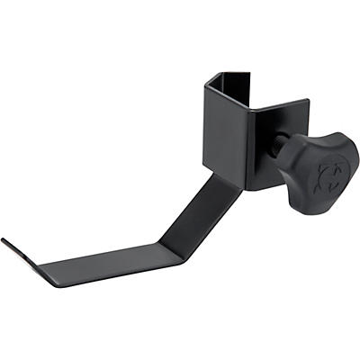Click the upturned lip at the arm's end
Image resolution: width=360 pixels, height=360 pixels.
(x=17, y=252)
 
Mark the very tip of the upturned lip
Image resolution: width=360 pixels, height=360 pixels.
(x=3, y=240)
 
